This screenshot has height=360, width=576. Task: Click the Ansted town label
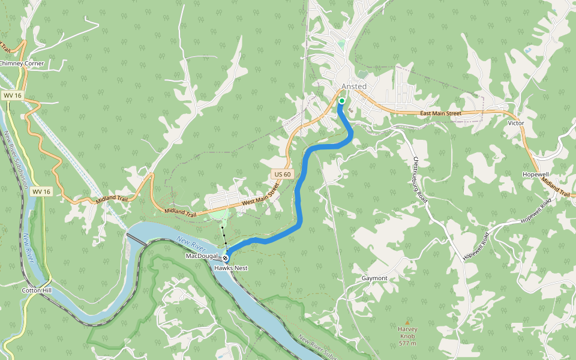(x=353, y=86)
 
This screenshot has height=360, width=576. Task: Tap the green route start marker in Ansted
(x=341, y=101)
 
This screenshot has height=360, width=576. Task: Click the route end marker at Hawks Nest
(x=226, y=257)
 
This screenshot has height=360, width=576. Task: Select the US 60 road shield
(x=283, y=174)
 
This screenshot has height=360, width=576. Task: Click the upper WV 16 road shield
(x=11, y=95)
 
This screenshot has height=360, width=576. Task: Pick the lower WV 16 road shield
(x=41, y=191)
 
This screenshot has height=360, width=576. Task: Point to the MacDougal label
(x=200, y=256)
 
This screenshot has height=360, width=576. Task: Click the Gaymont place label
(x=374, y=278)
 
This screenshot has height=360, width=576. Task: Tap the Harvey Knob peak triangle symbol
(x=408, y=322)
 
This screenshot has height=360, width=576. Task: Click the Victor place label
(x=516, y=123)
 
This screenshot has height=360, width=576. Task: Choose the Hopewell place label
(x=536, y=173)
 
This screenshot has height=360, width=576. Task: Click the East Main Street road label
(x=440, y=113)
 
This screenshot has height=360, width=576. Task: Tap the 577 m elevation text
(x=407, y=343)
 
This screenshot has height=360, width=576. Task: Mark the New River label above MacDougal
(x=192, y=244)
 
